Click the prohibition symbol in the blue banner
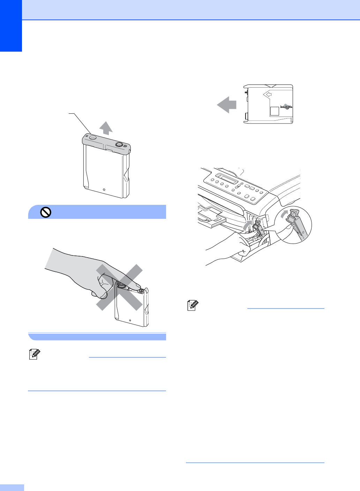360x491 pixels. point(46,212)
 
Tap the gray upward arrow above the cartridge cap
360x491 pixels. point(106,128)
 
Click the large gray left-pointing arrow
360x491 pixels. point(226,105)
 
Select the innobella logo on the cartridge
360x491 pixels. point(286,107)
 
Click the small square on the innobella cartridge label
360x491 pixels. point(275,111)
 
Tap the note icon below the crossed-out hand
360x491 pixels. point(35,355)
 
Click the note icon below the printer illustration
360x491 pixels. point(193,306)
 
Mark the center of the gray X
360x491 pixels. point(119,287)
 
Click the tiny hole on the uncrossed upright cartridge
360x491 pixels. point(104,189)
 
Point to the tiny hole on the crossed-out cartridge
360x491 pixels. point(130,320)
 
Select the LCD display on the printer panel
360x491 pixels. point(226,179)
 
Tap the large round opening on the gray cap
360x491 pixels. point(93,137)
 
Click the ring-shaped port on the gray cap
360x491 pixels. point(119,144)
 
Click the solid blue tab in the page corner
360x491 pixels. point(11,25)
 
